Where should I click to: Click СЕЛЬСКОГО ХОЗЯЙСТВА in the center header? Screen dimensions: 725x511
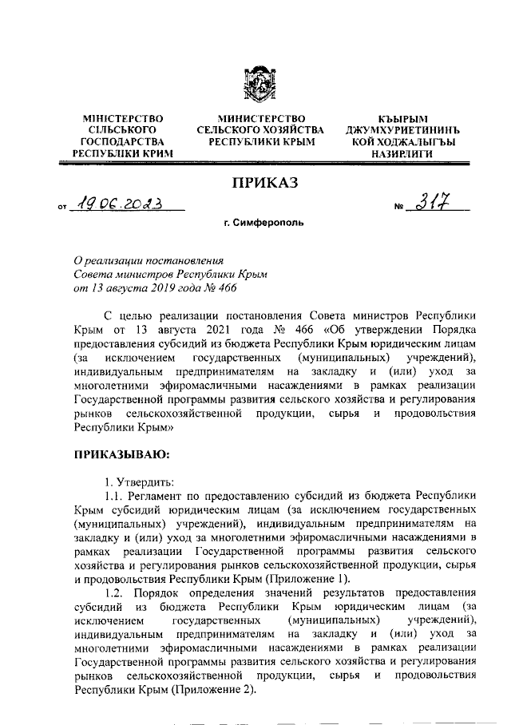pos(260,130)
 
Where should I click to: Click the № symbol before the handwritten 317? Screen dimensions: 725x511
pos(400,209)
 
